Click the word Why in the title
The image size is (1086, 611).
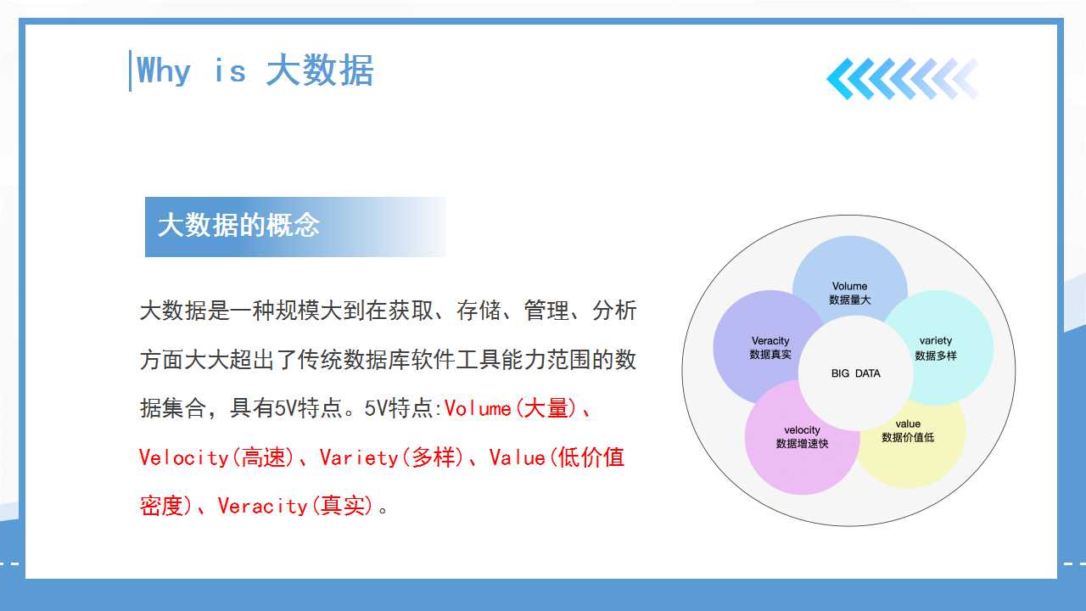point(164,70)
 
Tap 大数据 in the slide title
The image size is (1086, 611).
point(320,70)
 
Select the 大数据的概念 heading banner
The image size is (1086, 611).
point(295,227)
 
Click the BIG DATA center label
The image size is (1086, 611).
point(856,373)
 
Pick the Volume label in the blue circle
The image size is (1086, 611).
point(849,286)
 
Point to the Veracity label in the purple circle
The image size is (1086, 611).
point(770,341)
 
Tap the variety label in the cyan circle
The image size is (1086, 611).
point(935,341)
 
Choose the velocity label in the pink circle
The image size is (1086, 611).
point(802,430)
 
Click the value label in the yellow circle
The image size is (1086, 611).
point(908,423)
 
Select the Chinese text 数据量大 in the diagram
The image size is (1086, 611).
point(849,300)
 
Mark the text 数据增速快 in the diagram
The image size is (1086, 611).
point(802,444)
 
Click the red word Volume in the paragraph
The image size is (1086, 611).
point(478,409)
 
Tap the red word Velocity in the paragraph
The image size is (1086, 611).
point(183,457)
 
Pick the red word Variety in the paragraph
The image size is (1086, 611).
point(359,457)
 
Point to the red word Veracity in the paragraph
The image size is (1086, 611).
point(262,507)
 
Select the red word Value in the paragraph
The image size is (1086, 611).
point(517,457)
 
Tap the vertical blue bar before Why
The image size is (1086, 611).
point(130,70)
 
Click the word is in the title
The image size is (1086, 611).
point(230,70)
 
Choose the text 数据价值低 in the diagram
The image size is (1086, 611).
point(908,437)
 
